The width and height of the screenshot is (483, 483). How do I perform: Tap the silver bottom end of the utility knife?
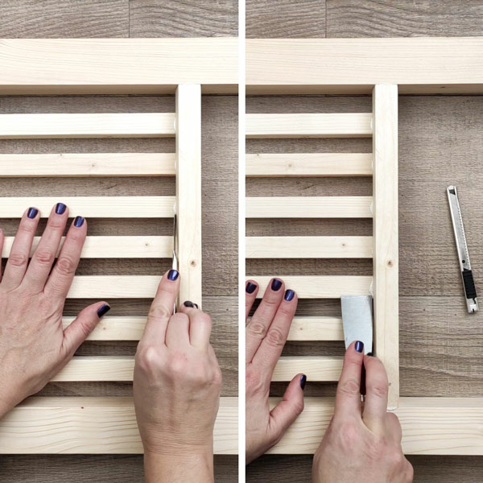472,306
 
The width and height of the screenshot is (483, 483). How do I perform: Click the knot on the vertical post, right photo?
389,262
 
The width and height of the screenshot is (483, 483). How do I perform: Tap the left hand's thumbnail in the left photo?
104,309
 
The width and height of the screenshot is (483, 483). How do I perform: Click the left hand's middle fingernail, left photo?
60,209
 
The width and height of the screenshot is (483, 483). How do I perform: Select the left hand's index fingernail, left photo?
79,221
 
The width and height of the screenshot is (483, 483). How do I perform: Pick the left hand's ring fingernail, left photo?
32,213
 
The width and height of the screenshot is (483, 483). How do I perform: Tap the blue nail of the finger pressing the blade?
173,275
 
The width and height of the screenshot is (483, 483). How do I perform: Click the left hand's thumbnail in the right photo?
303,382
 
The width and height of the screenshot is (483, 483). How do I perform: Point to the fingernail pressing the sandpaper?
359,346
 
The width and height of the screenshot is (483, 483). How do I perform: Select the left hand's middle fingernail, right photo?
276,284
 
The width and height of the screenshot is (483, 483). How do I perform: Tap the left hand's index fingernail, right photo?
289,295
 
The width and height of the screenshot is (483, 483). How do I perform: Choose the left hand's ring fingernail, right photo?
251,287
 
